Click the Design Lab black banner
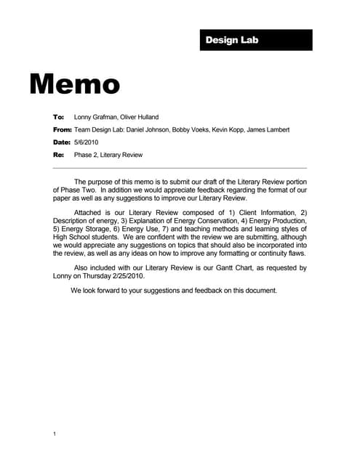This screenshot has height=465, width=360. (x=255, y=40)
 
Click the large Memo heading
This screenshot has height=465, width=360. (x=74, y=84)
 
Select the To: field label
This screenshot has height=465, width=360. (x=58, y=117)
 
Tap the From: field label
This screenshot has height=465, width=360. (x=62, y=129)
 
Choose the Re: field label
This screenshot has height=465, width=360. (x=58, y=155)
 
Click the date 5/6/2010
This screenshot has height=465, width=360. (x=87, y=142)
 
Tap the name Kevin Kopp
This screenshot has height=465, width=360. (x=225, y=129)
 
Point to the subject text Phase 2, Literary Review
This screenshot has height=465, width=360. (x=108, y=155)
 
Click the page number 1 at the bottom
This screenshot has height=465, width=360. (x=55, y=434)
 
